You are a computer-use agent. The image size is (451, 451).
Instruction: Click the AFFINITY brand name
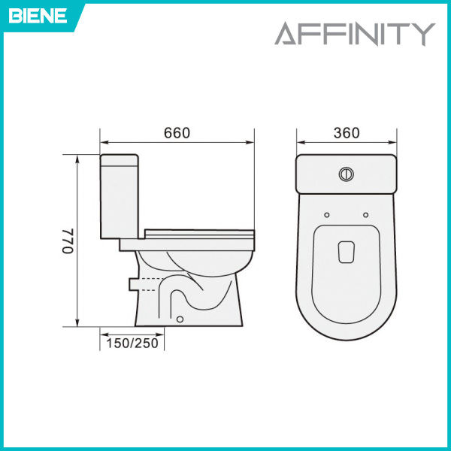point(354,34)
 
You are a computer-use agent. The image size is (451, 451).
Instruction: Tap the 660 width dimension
point(177,133)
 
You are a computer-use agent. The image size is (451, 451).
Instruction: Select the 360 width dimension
point(346,133)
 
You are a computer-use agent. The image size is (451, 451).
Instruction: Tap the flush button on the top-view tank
point(347,173)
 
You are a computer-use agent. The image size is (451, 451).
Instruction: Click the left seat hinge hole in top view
point(326,216)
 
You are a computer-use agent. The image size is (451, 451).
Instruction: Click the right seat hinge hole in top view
point(365,216)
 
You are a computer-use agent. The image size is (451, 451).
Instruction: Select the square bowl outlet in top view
point(346,251)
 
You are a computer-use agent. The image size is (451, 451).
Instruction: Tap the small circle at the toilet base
point(180,319)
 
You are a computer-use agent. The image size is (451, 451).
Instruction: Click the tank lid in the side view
point(120,158)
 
